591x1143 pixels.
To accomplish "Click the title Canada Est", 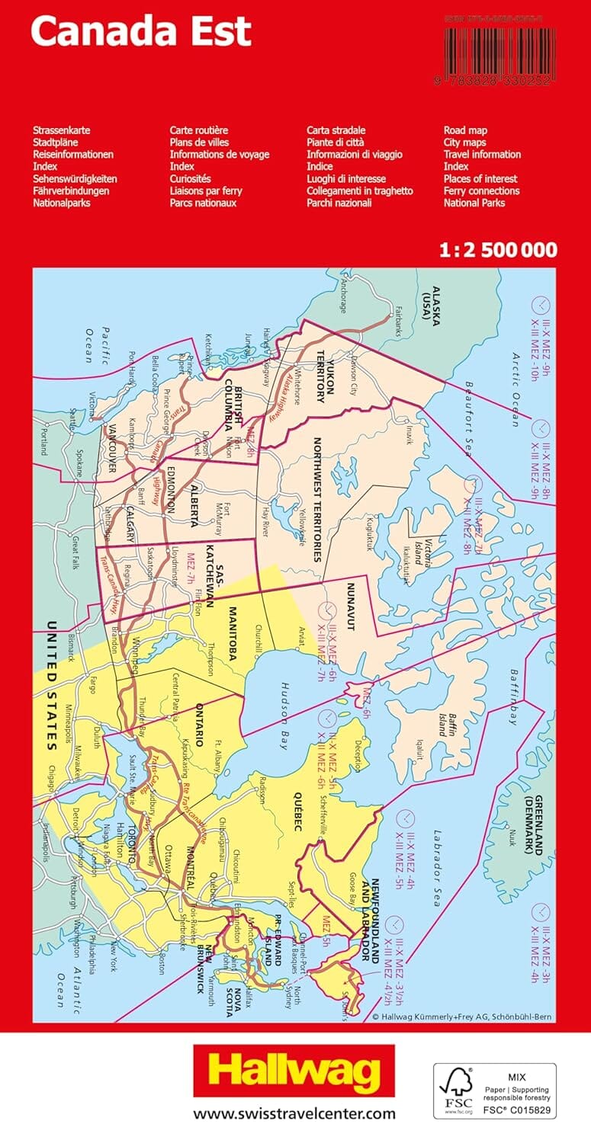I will coord(141,32).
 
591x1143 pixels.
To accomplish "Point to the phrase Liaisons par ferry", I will coord(206,190).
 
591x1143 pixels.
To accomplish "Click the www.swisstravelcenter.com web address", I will coord(294,1114).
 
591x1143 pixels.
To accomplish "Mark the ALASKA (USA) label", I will coord(442,305).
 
